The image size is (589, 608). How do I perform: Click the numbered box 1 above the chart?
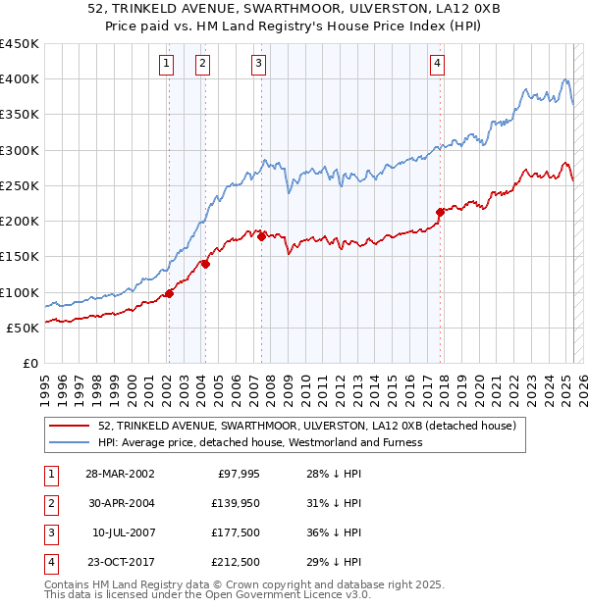pyautogui.click(x=167, y=65)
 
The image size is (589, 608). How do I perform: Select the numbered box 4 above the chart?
pyautogui.click(x=437, y=65)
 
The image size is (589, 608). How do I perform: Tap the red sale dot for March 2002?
pyautogui.click(x=170, y=292)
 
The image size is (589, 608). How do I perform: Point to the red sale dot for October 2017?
pyautogui.click(x=440, y=211)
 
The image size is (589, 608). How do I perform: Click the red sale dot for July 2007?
pyautogui.click(x=261, y=236)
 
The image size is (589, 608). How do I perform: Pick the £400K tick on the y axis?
pyautogui.click(x=20, y=79)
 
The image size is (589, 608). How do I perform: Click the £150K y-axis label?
pyautogui.click(x=20, y=257)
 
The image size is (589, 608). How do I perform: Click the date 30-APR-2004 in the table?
pyautogui.click(x=120, y=503)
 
